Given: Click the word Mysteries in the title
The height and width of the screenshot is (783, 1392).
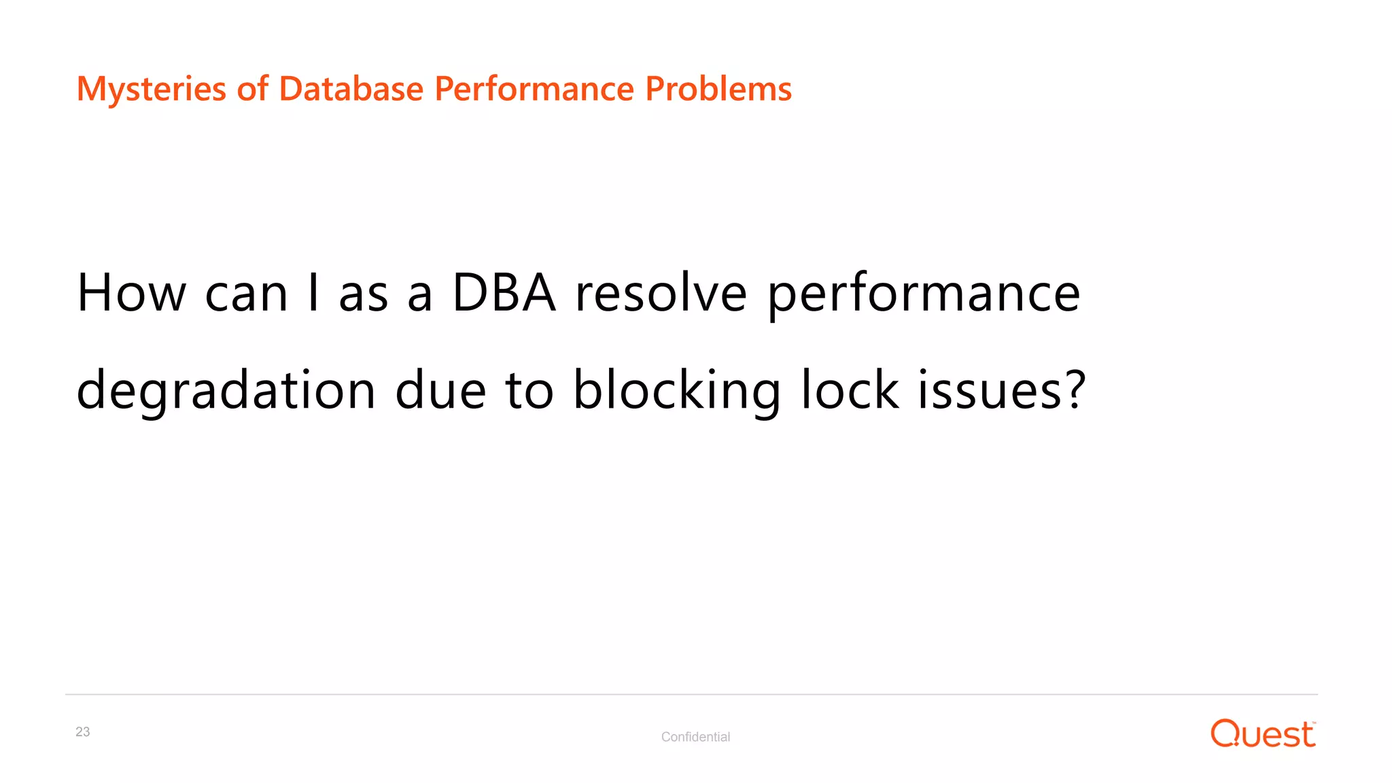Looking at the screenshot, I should (x=151, y=89).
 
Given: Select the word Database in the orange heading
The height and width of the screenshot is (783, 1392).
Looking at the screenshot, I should (x=351, y=89).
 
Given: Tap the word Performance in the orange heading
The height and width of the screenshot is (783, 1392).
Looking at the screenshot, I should (x=534, y=89).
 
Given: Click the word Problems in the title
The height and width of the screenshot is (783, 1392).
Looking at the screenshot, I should (x=718, y=89).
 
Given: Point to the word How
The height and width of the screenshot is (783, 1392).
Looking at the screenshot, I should (x=131, y=293).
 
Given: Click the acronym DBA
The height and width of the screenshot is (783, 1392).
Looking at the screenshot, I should (x=504, y=293).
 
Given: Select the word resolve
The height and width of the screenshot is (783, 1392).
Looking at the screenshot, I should (x=661, y=293).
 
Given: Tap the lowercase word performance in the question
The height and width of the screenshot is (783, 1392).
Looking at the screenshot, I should (x=924, y=294).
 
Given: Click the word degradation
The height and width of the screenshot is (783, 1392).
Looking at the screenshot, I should (x=226, y=391).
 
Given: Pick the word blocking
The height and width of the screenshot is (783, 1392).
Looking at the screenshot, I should (x=677, y=391).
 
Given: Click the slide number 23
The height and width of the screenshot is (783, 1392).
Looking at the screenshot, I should (x=83, y=732).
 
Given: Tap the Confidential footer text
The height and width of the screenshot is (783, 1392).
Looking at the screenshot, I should (x=695, y=737).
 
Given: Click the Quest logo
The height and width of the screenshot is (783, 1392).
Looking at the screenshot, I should (x=1262, y=734).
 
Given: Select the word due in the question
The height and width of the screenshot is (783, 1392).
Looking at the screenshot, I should (x=440, y=391).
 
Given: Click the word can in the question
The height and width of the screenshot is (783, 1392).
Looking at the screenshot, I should (x=246, y=294).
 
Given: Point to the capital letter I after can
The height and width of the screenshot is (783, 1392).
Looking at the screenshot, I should (x=313, y=293).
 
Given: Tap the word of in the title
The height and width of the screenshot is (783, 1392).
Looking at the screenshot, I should (x=252, y=89).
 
